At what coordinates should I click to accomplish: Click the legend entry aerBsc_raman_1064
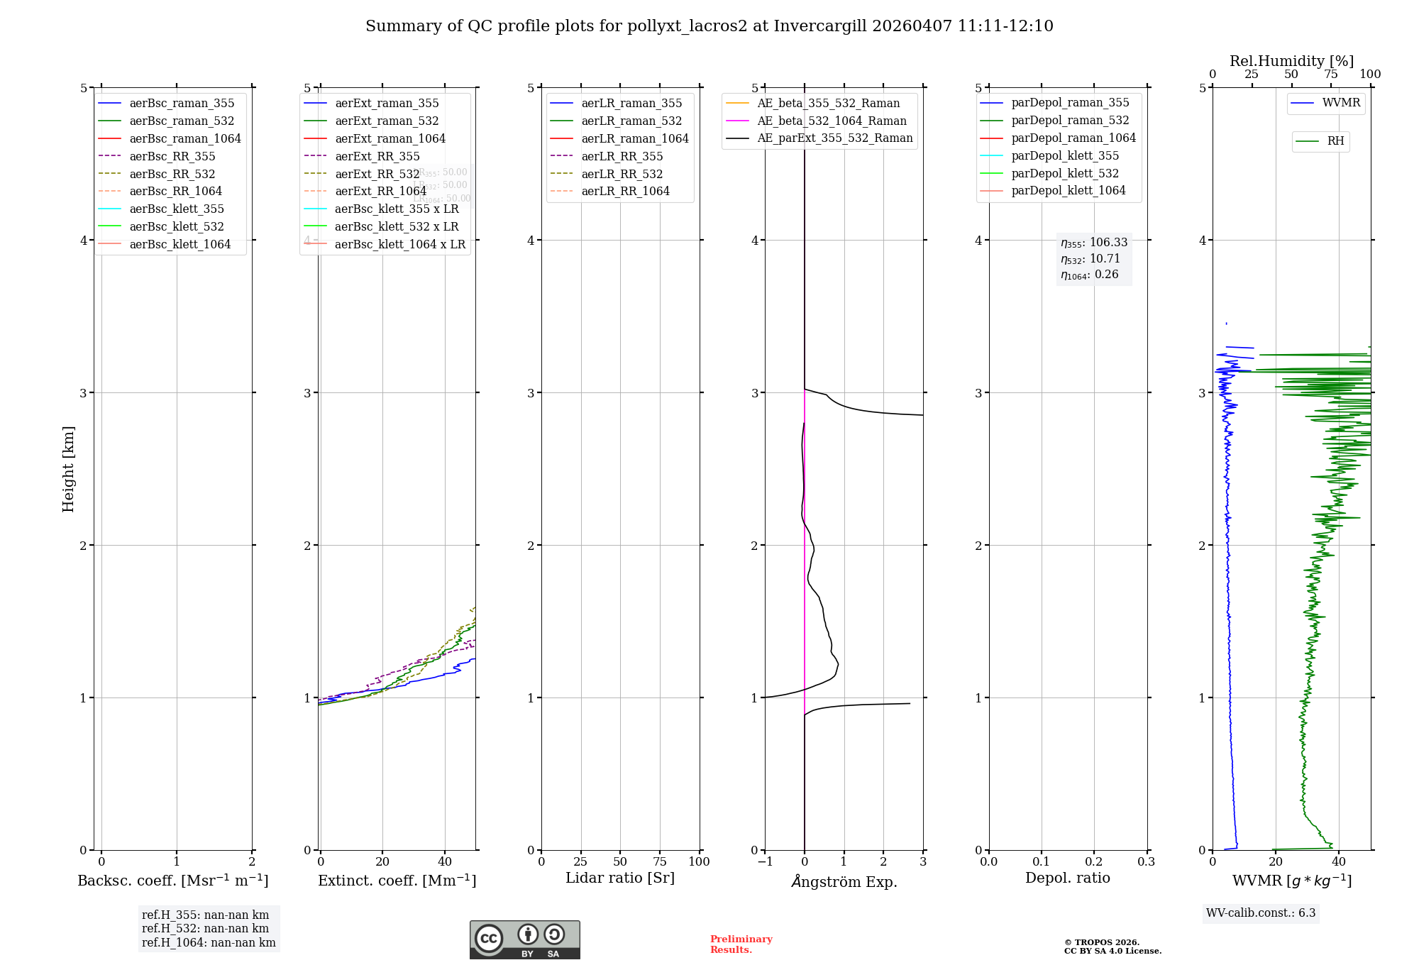point(185,138)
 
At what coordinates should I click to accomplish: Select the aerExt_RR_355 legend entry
point(377,156)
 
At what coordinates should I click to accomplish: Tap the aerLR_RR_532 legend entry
point(622,174)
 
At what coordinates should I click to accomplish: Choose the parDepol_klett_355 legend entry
point(1065,155)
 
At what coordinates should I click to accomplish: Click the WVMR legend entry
point(1341,103)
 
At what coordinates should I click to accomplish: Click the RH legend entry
point(1335,141)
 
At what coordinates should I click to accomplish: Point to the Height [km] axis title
point(68,469)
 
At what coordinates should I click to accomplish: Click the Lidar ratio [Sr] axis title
point(619,878)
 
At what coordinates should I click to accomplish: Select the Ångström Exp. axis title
point(844,881)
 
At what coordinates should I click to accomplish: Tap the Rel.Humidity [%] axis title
point(1291,61)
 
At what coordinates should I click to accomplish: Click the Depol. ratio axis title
point(1067,878)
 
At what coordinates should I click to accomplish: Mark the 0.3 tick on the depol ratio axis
point(1146,861)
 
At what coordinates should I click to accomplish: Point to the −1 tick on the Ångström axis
point(764,861)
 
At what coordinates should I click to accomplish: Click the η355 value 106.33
point(1108,243)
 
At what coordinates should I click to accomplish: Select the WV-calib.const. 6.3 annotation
point(1261,912)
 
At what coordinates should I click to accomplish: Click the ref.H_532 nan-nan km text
point(205,928)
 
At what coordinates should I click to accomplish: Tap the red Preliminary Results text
point(741,944)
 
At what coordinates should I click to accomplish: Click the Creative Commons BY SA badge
point(524,940)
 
